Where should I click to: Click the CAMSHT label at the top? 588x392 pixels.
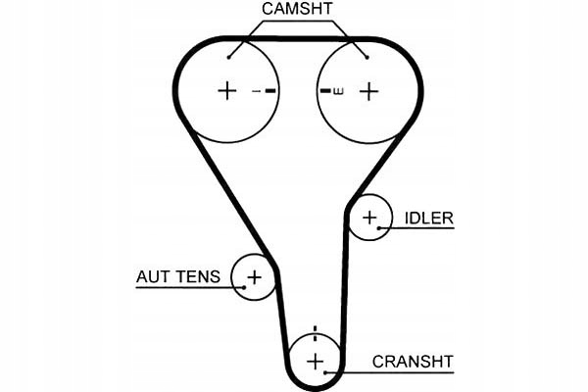[x=297, y=9]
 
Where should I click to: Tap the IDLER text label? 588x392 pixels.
[x=429, y=219]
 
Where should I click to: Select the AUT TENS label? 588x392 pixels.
[x=178, y=276]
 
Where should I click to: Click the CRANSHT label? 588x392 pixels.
[x=413, y=362]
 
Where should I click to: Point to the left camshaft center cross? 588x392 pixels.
[x=227, y=91]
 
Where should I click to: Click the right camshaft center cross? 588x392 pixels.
[x=369, y=91]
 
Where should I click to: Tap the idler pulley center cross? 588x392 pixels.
[x=369, y=218]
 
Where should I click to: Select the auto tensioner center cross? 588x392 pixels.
[x=254, y=277]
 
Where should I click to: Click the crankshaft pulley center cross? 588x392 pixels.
[x=315, y=362]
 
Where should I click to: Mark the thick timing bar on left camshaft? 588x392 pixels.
[x=270, y=91]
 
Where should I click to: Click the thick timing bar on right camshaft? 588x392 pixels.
[x=325, y=91]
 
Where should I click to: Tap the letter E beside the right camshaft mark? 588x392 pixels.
[x=338, y=91]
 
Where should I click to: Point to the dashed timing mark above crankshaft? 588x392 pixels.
[x=315, y=333]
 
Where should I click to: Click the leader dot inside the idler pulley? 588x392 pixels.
[x=379, y=228]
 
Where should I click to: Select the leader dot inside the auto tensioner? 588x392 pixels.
[x=244, y=288]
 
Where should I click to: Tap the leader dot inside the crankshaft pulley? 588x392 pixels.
[x=325, y=372]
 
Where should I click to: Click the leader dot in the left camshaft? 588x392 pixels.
[x=228, y=58]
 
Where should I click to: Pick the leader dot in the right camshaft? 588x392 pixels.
[x=367, y=58]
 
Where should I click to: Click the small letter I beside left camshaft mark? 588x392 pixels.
[x=257, y=91]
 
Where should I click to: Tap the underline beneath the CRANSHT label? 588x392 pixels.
[x=390, y=372]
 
